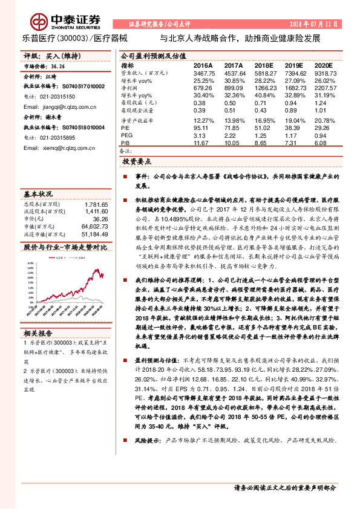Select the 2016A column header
[x=203, y=65]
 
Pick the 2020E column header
[x=324, y=65]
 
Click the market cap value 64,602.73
[x=94, y=225]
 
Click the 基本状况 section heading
[x=39, y=194]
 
